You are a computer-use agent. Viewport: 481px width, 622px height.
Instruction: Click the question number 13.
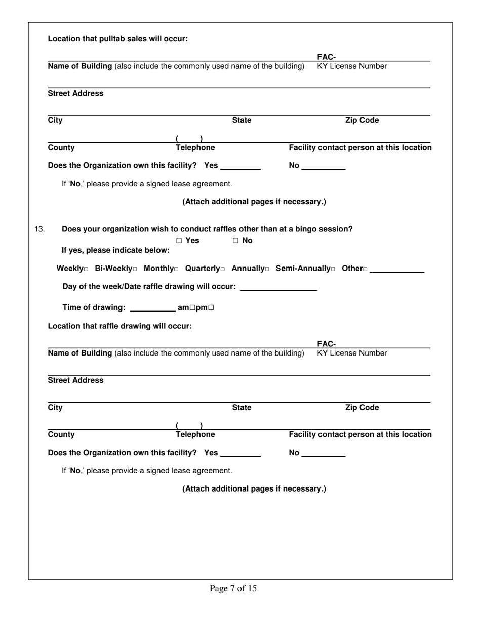click(39, 229)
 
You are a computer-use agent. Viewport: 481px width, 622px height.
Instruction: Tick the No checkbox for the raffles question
click(235, 241)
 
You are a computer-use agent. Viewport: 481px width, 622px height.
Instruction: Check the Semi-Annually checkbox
click(333, 269)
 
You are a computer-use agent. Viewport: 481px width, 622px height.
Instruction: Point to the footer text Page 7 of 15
click(233, 588)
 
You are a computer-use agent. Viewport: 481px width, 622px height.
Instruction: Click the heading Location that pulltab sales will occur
click(117, 39)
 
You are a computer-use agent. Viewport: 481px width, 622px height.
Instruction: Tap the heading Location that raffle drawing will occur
click(119, 326)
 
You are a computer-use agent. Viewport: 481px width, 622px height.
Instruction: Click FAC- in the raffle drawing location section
click(326, 344)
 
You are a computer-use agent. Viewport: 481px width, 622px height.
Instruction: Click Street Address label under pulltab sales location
click(75, 93)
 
